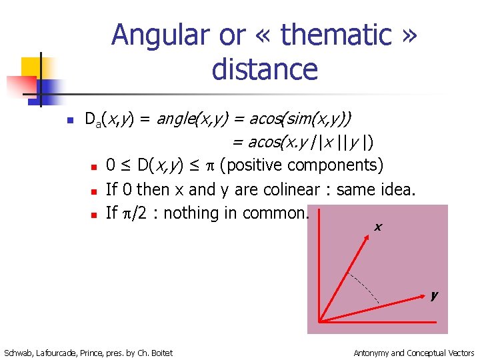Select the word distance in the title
click(x=265, y=69)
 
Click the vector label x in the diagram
click(x=378, y=227)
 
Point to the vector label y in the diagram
click(x=434, y=294)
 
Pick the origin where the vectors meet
click(x=321, y=322)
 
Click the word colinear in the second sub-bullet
click(x=279, y=190)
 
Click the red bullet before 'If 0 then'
click(x=95, y=191)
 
